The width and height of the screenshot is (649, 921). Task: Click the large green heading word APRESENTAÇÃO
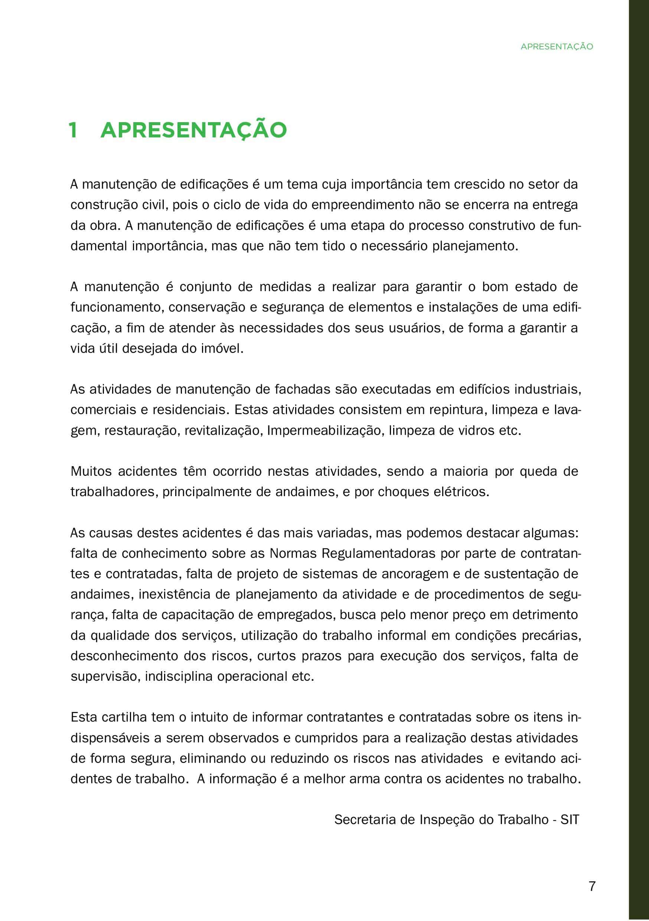(x=194, y=130)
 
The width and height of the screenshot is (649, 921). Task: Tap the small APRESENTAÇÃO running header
(x=557, y=46)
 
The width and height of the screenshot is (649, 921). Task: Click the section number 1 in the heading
(x=73, y=130)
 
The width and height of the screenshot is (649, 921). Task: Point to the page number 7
(x=592, y=886)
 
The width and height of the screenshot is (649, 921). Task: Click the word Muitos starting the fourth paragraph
(x=91, y=471)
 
